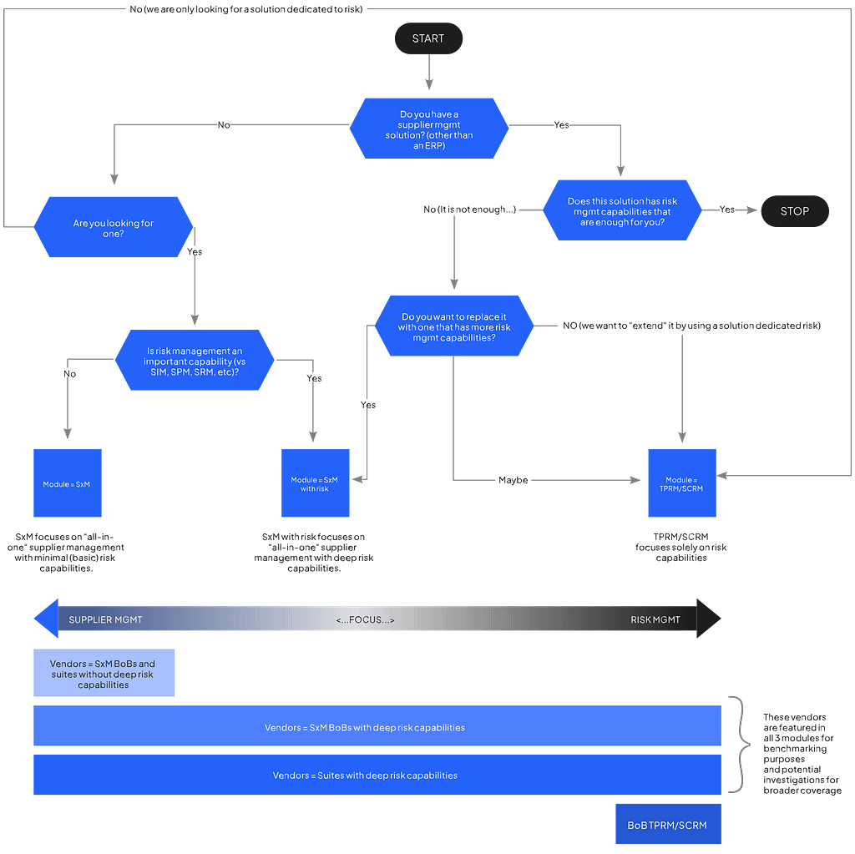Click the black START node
click(428, 38)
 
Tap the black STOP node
click(795, 211)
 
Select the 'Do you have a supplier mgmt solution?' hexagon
click(429, 129)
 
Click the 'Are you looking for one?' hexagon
click(114, 227)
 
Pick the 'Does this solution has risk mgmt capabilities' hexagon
click(622, 210)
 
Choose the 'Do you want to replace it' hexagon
click(453, 326)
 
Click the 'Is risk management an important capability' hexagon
click(195, 360)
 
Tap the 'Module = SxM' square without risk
click(68, 483)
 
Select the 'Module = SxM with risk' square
click(315, 483)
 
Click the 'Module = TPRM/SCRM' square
click(682, 483)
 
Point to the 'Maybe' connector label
click(514, 480)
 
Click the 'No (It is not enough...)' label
click(469, 210)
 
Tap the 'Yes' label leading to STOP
click(727, 210)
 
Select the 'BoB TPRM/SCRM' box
click(669, 824)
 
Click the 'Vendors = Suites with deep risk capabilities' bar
click(377, 775)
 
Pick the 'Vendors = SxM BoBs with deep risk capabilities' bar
click(377, 725)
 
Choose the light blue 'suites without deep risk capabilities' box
click(104, 673)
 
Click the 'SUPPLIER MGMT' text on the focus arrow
click(105, 620)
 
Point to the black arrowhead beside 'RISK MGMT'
click(709, 619)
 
